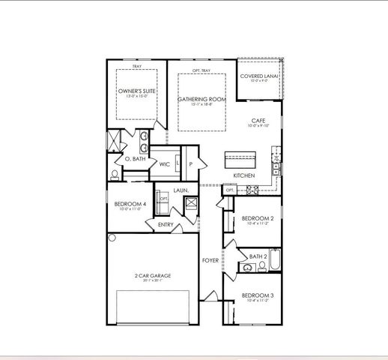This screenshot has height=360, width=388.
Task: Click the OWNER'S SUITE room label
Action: point(136,90)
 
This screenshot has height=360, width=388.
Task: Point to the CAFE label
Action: point(258,120)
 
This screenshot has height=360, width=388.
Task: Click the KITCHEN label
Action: point(244,175)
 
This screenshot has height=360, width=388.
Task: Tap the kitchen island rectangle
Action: point(240,159)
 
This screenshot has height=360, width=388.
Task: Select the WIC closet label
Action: point(165,163)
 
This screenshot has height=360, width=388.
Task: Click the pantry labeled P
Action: point(191,164)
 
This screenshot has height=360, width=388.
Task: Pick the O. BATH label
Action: point(135,159)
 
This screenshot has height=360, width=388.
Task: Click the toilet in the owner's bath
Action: point(114,174)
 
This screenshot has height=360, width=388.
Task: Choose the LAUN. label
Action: point(181,190)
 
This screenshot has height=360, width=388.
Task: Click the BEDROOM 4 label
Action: point(130,205)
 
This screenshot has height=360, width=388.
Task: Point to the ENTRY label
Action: point(165,223)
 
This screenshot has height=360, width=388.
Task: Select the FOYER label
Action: point(210,260)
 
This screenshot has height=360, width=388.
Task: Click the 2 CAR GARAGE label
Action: point(153,275)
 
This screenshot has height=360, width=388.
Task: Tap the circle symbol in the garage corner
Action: point(112,238)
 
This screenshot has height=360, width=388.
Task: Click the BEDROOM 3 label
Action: point(258,295)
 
